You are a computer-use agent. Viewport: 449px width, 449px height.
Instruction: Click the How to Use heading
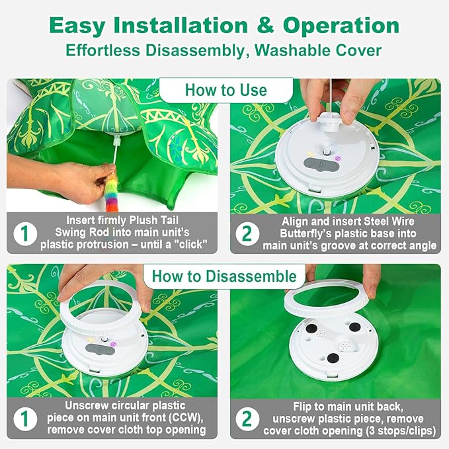[x=225, y=90]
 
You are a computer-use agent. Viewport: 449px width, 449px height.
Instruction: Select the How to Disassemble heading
[x=224, y=276]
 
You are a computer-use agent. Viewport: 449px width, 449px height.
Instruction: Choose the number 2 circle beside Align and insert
[x=247, y=233]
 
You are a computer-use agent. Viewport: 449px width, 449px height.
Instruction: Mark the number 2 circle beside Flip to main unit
[x=247, y=418]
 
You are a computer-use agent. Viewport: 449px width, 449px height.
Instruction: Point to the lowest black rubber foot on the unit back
[x=333, y=358]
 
